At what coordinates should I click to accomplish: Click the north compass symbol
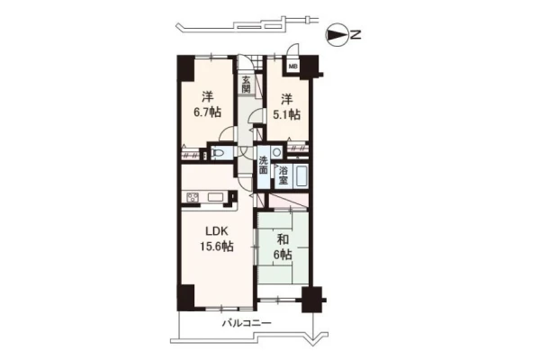tap(337, 34)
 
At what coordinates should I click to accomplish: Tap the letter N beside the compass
tap(355, 35)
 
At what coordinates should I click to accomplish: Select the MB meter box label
tap(292, 67)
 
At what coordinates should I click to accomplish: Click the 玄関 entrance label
tap(246, 85)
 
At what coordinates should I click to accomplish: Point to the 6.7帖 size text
tap(207, 112)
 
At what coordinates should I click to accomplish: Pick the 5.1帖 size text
tap(286, 114)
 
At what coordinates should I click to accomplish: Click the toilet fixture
tap(217, 152)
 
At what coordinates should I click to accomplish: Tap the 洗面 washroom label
tap(264, 166)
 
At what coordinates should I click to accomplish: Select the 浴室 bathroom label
tap(283, 175)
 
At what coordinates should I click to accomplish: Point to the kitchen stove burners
tap(193, 197)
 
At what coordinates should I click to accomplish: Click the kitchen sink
tap(216, 197)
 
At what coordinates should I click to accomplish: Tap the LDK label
tap(217, 231)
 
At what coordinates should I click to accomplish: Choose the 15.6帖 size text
tap(217, 247)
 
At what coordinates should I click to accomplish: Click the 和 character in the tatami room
tap(283, 239)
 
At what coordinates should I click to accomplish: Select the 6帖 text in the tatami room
tap(283, 255)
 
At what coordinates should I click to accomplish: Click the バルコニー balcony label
tap(247, 323)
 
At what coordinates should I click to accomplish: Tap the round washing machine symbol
tap(276, 152)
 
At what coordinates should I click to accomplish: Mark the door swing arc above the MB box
tap(293, 49)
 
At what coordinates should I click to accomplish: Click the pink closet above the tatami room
tap(288, 201)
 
